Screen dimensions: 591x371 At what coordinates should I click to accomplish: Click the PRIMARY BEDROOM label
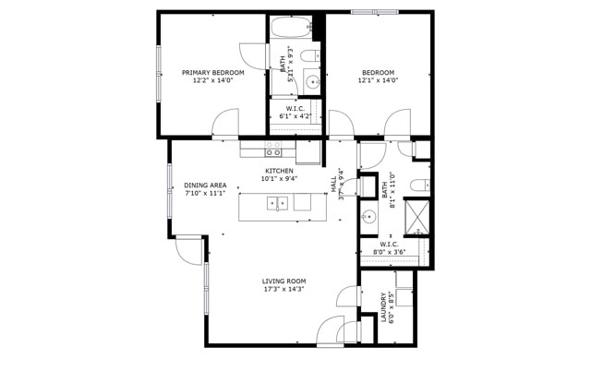213,73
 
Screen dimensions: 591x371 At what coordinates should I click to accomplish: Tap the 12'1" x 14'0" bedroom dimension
378,80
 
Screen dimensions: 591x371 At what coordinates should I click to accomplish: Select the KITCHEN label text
279,171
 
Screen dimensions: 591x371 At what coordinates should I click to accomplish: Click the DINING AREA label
205,185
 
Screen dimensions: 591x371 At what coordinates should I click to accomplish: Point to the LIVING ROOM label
283,281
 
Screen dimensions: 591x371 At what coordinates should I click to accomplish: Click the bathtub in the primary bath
290,27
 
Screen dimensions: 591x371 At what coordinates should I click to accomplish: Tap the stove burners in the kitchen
273,149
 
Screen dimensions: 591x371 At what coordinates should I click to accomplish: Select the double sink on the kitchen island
277,203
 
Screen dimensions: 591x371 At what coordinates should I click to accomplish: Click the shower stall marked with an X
416,217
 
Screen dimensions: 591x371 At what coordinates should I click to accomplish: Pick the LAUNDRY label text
384,307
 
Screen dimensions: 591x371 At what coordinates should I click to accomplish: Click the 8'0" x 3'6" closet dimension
389,252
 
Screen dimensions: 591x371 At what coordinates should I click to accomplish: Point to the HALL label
334,185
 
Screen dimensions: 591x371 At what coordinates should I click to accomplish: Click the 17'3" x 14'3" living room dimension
283,289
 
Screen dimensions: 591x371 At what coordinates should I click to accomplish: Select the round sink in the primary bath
312,81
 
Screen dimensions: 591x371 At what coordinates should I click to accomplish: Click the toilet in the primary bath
310,56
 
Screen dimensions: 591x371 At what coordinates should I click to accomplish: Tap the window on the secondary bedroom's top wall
375,12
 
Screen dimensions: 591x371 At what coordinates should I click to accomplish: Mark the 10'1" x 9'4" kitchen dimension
279,179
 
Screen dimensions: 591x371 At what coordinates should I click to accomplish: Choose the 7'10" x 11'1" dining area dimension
205,194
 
